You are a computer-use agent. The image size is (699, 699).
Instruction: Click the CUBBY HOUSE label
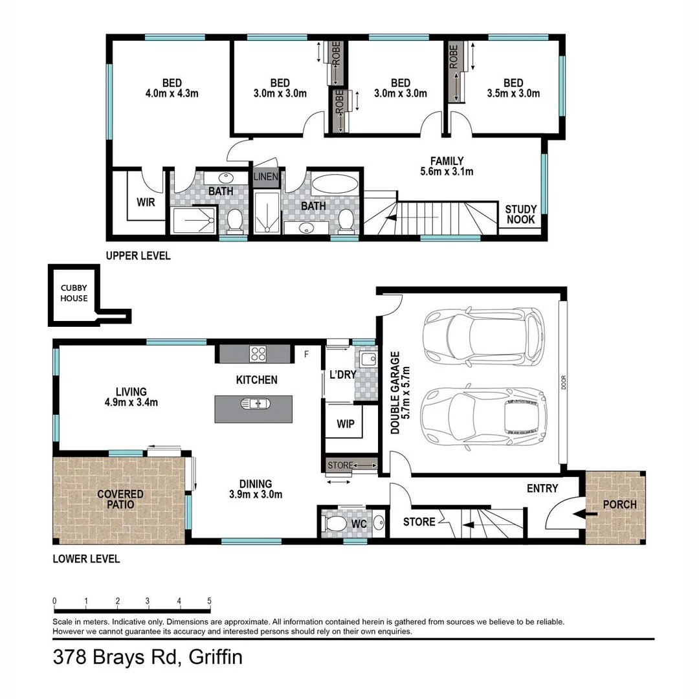[x=74, y=293]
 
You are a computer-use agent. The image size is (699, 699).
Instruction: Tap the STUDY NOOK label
[x=520, y=214]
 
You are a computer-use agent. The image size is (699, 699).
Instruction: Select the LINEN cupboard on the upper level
[x=265, y=177]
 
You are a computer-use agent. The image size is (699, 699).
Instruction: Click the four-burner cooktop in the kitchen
[x=258, y=353]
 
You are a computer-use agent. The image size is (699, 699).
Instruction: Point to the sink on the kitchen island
[x=254, y=404]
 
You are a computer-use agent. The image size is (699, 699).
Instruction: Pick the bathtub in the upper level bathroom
[x=334, y=183]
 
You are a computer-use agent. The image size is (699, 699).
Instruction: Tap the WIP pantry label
[x=345, y=424]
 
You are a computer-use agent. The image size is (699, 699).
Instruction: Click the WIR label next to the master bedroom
[x=146, y=202]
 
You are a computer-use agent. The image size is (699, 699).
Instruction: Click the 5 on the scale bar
[x=209, y=600]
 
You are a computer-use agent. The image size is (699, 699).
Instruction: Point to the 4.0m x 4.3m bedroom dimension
[x=172, y=93]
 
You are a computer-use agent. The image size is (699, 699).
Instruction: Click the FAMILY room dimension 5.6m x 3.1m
[x=447, y=172]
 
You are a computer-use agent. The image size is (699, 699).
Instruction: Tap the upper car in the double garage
[x=483, y=336]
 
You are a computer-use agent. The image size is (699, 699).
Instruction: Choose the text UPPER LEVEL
[x=139, y=256]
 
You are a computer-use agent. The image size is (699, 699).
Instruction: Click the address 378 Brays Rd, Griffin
[x=148, y=658]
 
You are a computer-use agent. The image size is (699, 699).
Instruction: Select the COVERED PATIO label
[x=120, y=499]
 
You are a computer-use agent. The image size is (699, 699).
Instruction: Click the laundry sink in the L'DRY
[x=368, y=358]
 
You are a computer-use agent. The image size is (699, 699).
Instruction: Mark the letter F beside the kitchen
[x=306, y=353]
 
